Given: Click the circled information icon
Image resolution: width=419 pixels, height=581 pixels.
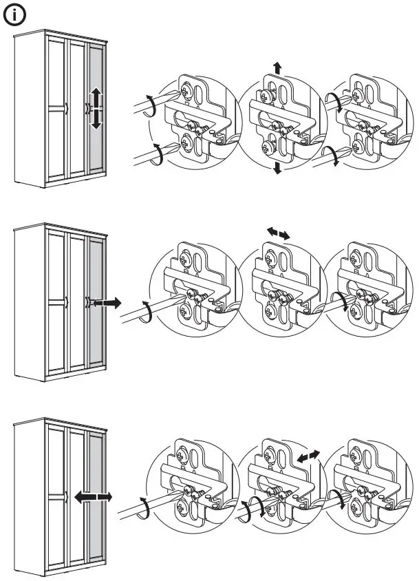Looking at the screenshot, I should [14, 15].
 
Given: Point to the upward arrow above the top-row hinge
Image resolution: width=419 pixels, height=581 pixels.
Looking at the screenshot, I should [277, 67].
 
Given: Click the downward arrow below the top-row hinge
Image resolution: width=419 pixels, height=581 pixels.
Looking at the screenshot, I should [277, 168].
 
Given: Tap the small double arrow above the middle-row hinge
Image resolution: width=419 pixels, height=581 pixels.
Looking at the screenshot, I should [279, 234].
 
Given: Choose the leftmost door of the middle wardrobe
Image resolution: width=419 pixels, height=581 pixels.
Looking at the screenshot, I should [56, 302].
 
